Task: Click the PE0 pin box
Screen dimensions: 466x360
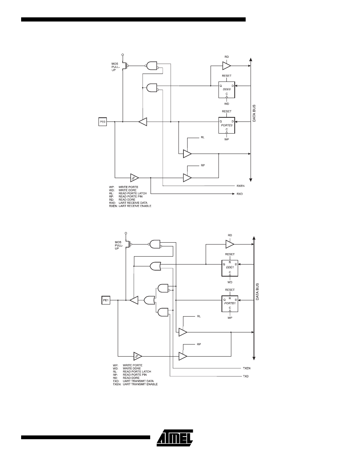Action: click(102, 122)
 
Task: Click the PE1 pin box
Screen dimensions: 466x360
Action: click(106, 301)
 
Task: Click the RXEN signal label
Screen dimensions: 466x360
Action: click(240, 186)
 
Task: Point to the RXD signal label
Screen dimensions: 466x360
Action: click(240, 194)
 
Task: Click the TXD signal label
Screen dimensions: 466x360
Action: click(245, 376)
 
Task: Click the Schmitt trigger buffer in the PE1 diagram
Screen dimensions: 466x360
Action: click(138, 356)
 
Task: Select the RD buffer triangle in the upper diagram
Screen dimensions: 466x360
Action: click(226, 66)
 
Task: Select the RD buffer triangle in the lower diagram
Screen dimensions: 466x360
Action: click(230, 244)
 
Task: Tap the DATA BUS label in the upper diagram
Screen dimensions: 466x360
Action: click(254, 113)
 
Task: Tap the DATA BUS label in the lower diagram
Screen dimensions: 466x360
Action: click(257, 292)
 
